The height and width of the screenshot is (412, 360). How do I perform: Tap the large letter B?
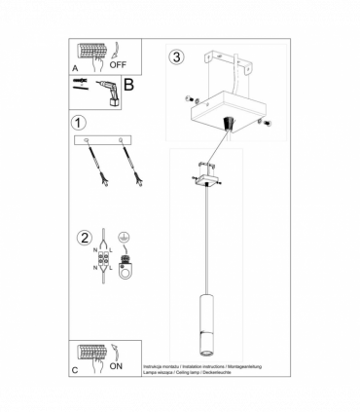(x=127, y=86)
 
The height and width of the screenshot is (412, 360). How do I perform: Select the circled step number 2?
(x=86, y=237)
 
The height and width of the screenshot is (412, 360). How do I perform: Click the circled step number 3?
(x=175, y=56)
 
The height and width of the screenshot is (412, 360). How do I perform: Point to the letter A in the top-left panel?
(x=76, y=68)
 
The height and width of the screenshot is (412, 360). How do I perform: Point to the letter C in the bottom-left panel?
(x=76, y=370)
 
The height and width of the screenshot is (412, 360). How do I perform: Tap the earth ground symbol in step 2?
(x=124, y=237)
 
